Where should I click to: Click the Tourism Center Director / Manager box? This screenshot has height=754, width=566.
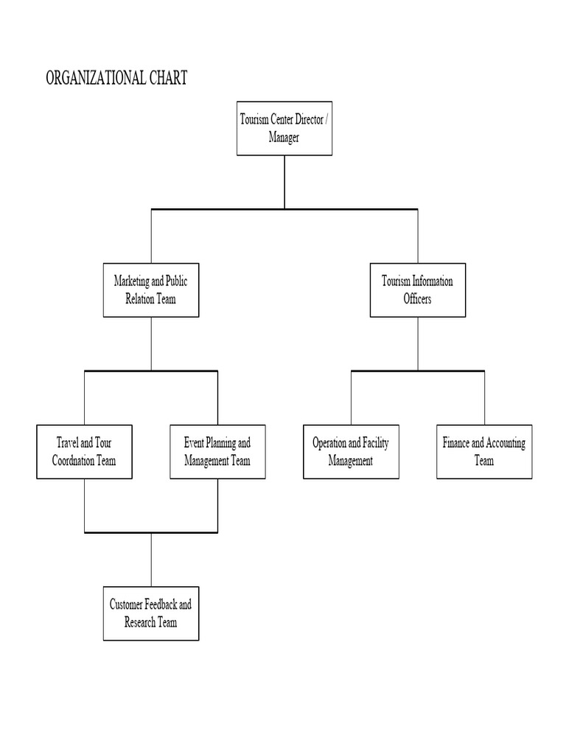284,128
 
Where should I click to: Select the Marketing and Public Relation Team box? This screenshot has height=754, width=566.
150,290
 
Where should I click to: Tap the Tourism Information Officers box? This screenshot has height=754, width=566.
417,290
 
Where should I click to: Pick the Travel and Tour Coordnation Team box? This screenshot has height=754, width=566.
84,452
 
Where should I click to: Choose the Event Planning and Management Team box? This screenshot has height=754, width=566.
217,452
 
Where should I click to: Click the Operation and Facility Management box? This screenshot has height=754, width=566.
351,452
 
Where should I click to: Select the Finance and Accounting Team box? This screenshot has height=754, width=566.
484,452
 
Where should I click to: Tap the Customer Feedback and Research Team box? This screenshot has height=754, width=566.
150,613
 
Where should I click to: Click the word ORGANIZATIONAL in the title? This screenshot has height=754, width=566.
94,78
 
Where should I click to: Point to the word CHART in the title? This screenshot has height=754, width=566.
167,78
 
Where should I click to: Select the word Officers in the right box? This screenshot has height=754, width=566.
417,299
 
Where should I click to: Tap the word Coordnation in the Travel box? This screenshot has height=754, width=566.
74,461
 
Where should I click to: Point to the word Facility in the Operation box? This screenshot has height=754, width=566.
375,443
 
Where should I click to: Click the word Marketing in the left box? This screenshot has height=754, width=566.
130,281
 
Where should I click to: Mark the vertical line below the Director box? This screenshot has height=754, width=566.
284,182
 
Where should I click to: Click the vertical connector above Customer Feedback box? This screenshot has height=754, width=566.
151,559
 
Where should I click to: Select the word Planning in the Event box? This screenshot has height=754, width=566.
219,443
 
